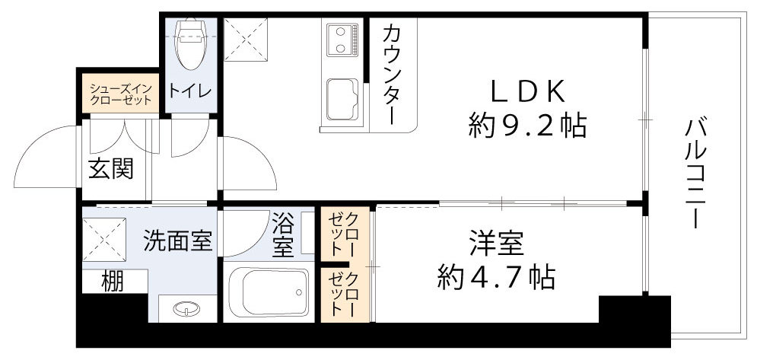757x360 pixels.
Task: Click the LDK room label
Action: click(x=526, y=91)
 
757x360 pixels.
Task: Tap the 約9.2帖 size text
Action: click(x=526, y=125)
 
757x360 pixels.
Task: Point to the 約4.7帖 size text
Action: click(x=495, y=277)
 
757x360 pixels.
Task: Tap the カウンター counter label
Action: click(x=393, y=75)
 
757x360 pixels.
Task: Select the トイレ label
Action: click(x=190, y=91)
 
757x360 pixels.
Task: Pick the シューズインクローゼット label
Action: click(x=121, y=93)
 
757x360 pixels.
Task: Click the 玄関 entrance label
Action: click(x=112, y=168)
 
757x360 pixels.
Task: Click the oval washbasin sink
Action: click(x=185, y=309)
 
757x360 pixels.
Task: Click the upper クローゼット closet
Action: click(x=345, y=234)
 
